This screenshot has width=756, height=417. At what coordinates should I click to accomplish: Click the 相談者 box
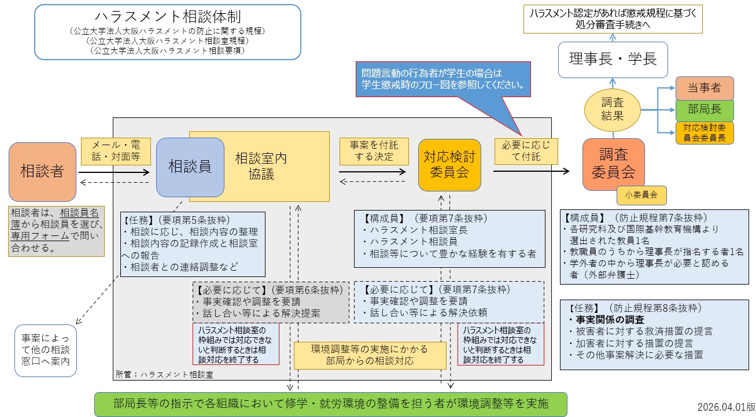pos(43,171)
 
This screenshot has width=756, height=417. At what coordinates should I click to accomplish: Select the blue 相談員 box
pos(190,167)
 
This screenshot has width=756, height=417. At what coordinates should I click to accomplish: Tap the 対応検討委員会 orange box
pos(450,164)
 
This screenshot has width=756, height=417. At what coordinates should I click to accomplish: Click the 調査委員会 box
pos(613,164)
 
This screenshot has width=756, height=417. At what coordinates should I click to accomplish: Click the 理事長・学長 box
pos(613,60)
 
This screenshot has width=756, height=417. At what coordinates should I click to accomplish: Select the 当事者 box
pos(704,88)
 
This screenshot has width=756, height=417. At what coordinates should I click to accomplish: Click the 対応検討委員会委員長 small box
pos(704,132)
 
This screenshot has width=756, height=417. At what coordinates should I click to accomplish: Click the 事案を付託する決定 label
pos(373,150)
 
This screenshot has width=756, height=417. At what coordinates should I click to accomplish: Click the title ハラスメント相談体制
pos(167,17)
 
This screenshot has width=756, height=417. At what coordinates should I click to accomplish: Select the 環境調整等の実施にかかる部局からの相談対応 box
pos(370,355)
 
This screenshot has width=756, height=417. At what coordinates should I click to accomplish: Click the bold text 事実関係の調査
pos(607,319)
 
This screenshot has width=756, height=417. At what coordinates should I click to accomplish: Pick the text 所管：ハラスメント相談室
pos(164,374)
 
